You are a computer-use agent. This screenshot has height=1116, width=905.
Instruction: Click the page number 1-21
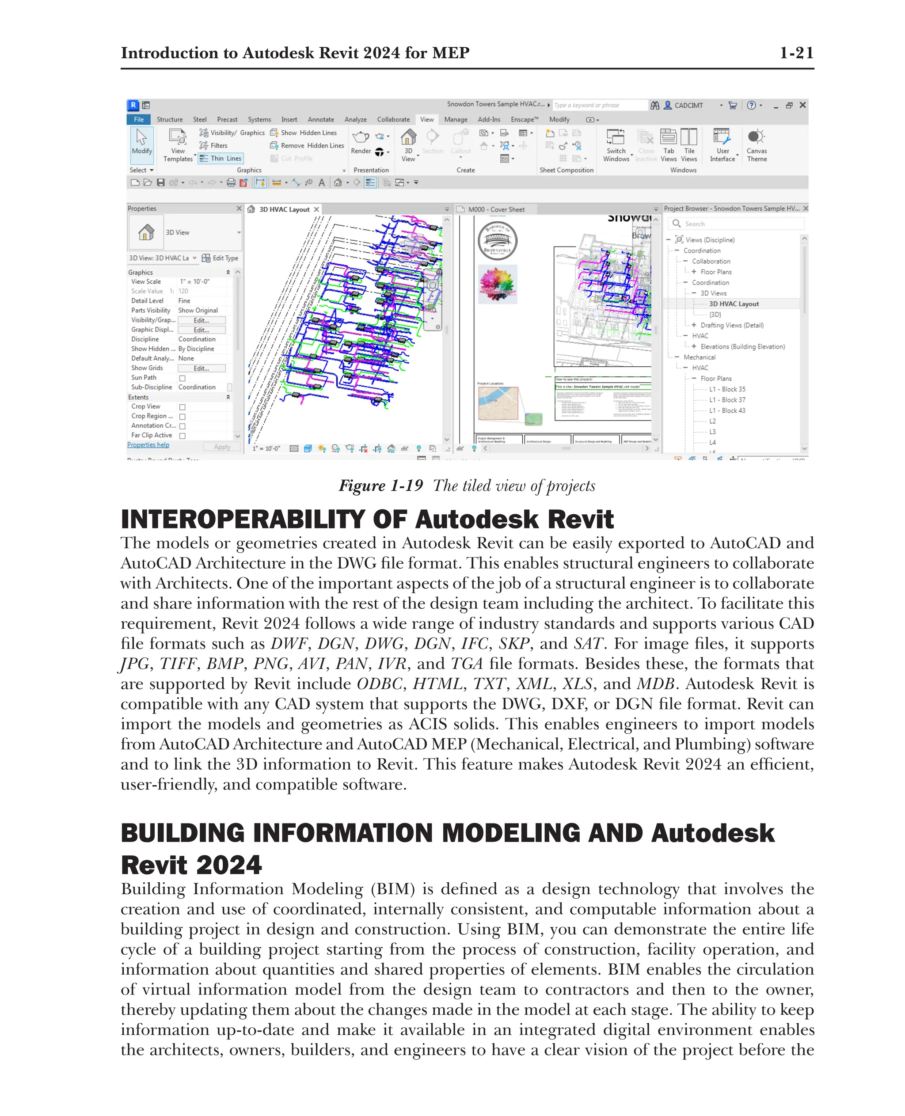point(796,53)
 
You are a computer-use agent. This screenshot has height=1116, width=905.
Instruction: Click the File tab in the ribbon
point(139,119)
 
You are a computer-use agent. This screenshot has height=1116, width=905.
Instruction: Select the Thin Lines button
point(221,159)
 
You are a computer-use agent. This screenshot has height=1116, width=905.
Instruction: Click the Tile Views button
point(688,144)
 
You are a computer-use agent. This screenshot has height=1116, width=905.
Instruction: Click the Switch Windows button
point(616,144)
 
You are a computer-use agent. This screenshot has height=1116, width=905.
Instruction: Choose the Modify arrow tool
point(141,142)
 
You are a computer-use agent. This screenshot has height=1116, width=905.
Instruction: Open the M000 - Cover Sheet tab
point(496,209)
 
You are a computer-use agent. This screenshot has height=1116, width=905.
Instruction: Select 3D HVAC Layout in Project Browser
point(734,304)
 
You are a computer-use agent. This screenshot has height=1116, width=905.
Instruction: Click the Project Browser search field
point(740,224)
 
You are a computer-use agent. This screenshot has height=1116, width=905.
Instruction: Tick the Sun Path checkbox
point(183,378)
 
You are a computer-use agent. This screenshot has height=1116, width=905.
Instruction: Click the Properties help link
point(148,444)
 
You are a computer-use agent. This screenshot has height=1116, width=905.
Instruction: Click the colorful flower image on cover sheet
point(497,284)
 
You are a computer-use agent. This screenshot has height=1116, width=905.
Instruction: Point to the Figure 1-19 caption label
point(380,486)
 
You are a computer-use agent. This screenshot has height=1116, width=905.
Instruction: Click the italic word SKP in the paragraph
point(514,644)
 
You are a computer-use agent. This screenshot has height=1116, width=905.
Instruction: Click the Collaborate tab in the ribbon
point(393,119)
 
